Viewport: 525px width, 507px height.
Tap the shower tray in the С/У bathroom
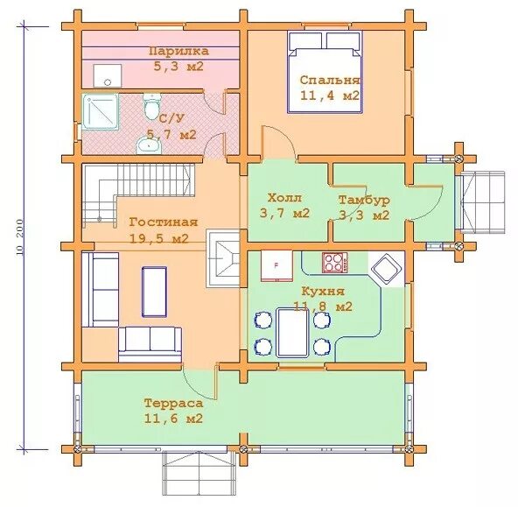101,111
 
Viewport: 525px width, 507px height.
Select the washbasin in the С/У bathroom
149,146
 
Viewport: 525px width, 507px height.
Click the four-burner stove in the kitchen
335,262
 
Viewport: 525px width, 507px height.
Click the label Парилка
179,52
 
